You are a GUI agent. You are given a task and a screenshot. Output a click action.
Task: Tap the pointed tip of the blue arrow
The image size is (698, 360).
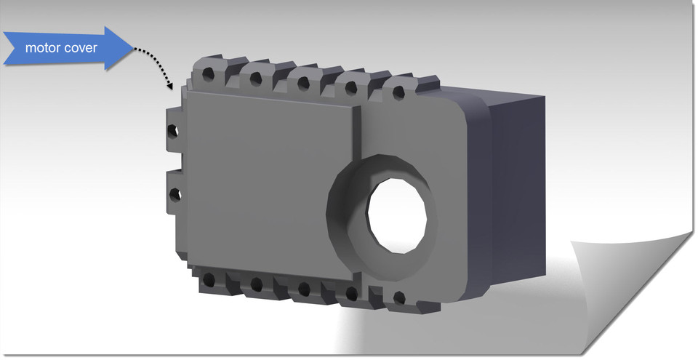pos(131,48)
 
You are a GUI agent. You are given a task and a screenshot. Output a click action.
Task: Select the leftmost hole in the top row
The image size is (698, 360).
pos(209,75)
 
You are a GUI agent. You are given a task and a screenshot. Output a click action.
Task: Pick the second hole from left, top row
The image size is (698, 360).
pos(255,78)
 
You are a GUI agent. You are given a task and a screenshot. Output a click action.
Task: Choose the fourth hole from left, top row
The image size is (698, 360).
pos(350,88)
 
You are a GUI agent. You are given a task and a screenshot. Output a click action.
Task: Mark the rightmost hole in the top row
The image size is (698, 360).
pos(399,94)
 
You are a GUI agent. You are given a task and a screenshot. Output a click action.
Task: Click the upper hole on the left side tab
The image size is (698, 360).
pos(172,131)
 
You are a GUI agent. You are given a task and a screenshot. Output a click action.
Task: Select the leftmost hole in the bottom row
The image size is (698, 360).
pos(209,279)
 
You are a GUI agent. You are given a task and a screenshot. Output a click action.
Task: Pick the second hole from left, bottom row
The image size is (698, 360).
pos(256,284)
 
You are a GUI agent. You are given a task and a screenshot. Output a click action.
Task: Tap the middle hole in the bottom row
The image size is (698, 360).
pos(304,289)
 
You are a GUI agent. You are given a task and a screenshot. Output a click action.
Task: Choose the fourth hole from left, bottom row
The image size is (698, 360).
pos(351,294)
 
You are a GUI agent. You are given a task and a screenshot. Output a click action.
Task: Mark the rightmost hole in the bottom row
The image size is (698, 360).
pos(398,297)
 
